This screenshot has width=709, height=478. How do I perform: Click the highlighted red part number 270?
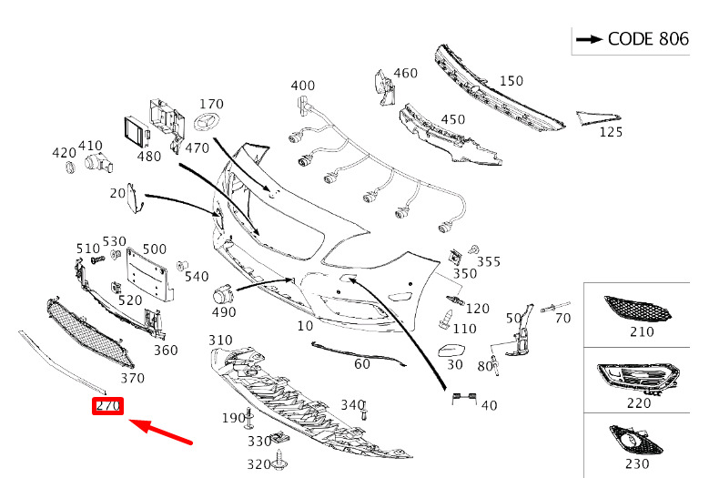pyautogui.click(x=106, y=407)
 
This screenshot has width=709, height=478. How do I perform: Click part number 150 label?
pyautogui.click(x=511, y=81)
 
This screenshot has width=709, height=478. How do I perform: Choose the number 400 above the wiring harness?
pyautogui.click(x=303, y=86)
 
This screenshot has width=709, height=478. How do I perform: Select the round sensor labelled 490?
pyautogui.click(x=221, y=294)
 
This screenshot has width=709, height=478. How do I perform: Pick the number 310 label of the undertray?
pyautogui.click(x=220, y=341)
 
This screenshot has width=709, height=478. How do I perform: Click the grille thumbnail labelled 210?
pyautogui.click(x=641, y=310)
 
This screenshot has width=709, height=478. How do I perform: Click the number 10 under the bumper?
pyautogui.click(x=304, y=325)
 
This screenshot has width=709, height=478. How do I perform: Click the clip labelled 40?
pyautogui.click(x=465, y=396)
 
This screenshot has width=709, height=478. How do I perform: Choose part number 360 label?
pyautogui.click(x=165, y=351)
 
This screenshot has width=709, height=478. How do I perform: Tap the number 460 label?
pyautogui.click(x=405, y=74)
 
